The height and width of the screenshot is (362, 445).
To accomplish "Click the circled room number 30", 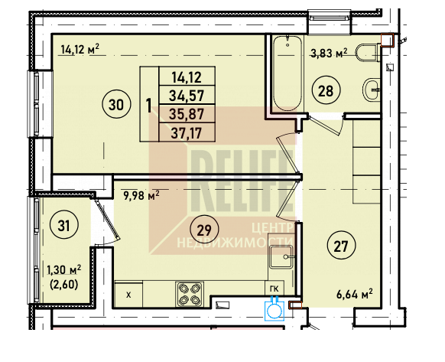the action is tap(116, 105).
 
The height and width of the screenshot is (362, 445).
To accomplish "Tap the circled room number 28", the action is tap(326, 91).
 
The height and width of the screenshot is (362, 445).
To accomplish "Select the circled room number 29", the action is tap(204, 230).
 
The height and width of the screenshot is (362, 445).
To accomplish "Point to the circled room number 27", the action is tap(341, 246).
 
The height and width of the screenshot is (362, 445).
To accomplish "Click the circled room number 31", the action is tap(64, 226).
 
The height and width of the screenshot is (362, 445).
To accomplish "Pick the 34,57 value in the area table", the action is tap(187, 95).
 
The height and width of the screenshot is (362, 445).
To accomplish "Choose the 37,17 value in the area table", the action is tap(187, 132).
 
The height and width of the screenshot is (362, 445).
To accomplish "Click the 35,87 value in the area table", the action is tap(187, 114).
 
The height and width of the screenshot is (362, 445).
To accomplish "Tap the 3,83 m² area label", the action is tap(330, 53).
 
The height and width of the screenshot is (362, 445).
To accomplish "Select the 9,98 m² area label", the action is tap(141, 195).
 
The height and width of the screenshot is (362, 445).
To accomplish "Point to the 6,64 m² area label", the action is tap(355, 294).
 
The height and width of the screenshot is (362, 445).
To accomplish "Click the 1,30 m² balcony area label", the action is tap(64, 269).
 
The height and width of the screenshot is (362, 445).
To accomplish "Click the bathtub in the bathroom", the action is tap(287, 73).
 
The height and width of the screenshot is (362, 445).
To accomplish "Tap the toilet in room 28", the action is tap(367, 53).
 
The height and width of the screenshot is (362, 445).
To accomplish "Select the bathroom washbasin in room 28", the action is tap(371, 90).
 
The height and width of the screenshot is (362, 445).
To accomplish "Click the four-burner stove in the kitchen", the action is tap(190, 295).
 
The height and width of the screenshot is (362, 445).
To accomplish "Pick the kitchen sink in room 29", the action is tap(281, 257).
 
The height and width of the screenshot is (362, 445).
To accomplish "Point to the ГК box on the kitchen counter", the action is tap(274, 289).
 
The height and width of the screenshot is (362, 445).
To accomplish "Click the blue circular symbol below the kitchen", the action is tap(274, 311).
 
